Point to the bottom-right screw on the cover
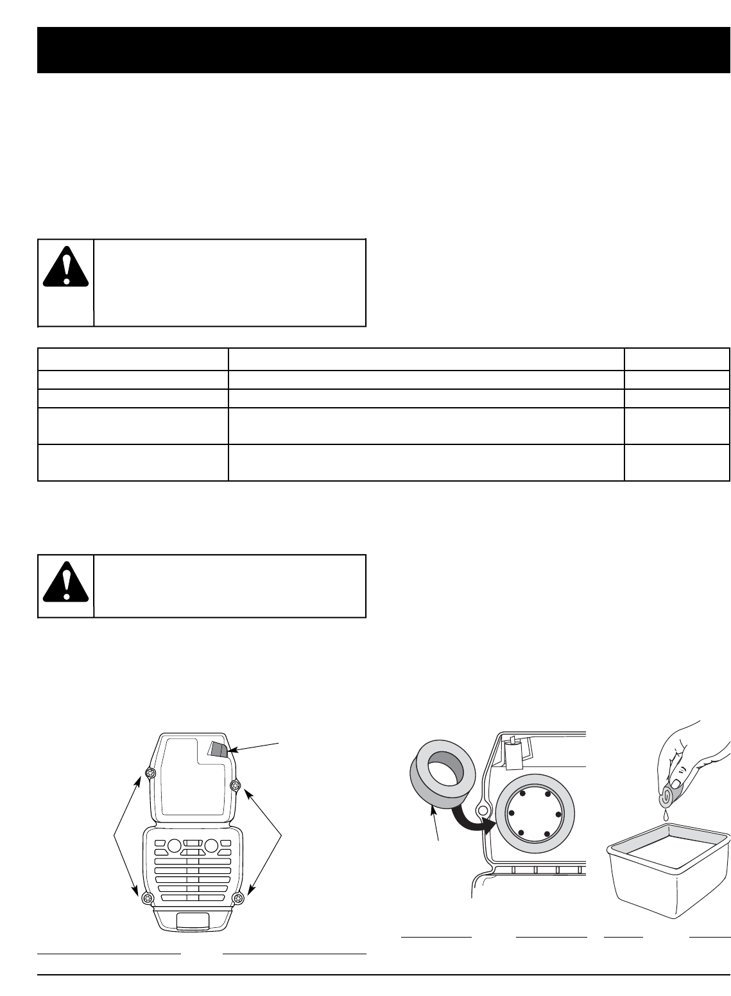[239, 897]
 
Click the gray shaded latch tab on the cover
[218, 749]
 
